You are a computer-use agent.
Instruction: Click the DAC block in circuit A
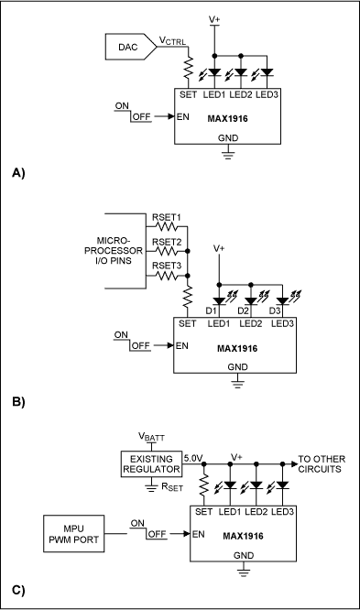pyautogui.click(x=130, y=47)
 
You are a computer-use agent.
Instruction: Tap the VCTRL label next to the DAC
pyautogui.click(x=172, y=40)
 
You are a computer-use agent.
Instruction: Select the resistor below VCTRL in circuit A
pyautogui.click(x=189, y=67)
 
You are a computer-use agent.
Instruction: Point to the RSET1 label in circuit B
pyautogui.click(x=167, y=217)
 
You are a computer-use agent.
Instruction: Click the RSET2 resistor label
pyautogui.click(x=167, y=242)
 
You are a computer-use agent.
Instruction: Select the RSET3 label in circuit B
pyautogui.click(x=167, y=266)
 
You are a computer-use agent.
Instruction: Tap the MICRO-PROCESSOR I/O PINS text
pyautogui.click(x=114, y=251)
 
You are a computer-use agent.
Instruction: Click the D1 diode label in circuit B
pyautogui.click(x=211, y=310)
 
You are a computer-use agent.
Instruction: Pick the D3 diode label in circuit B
pyautogui.click(x=275, y=310)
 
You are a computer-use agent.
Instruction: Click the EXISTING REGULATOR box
pyautogui.click(x=151, y=463)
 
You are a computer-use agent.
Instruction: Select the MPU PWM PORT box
pyautogui.click(x=73, y=534)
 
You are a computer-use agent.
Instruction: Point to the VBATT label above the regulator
pyautogui.click(x=151, y=437)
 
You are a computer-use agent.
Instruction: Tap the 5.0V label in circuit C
pyautogui.click(x=193, y=458)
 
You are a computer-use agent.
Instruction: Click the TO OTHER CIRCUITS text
pyautogui.click(x=322, y=463)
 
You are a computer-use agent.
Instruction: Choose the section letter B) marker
pyautogui.click(x=18, y=401)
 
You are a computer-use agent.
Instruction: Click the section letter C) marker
pyautogui.click(x=18, y=590)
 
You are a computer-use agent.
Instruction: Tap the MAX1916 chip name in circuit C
pyautogui.click(x=244, y=536)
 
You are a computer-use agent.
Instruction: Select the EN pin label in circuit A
pyautogui.click(x=183, y=116)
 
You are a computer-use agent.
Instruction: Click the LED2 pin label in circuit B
pyautogui.click(x=251, y=323)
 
